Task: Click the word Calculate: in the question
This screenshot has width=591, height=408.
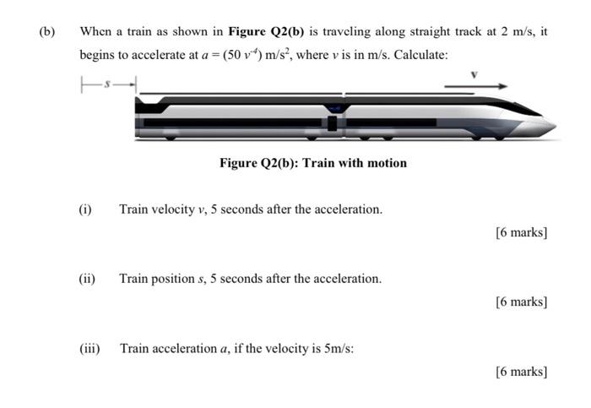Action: coord(420,56)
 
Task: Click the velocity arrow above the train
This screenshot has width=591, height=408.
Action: coord(476,85)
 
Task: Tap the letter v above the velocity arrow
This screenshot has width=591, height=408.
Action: coord(474,74)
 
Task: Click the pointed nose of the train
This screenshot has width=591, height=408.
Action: coord(549,125)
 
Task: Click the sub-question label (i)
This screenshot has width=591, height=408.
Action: coord(85,209)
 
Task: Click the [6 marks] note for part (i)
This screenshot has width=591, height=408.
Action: coord(522,232)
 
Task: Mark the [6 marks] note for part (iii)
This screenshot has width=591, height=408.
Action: coord(522,371)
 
